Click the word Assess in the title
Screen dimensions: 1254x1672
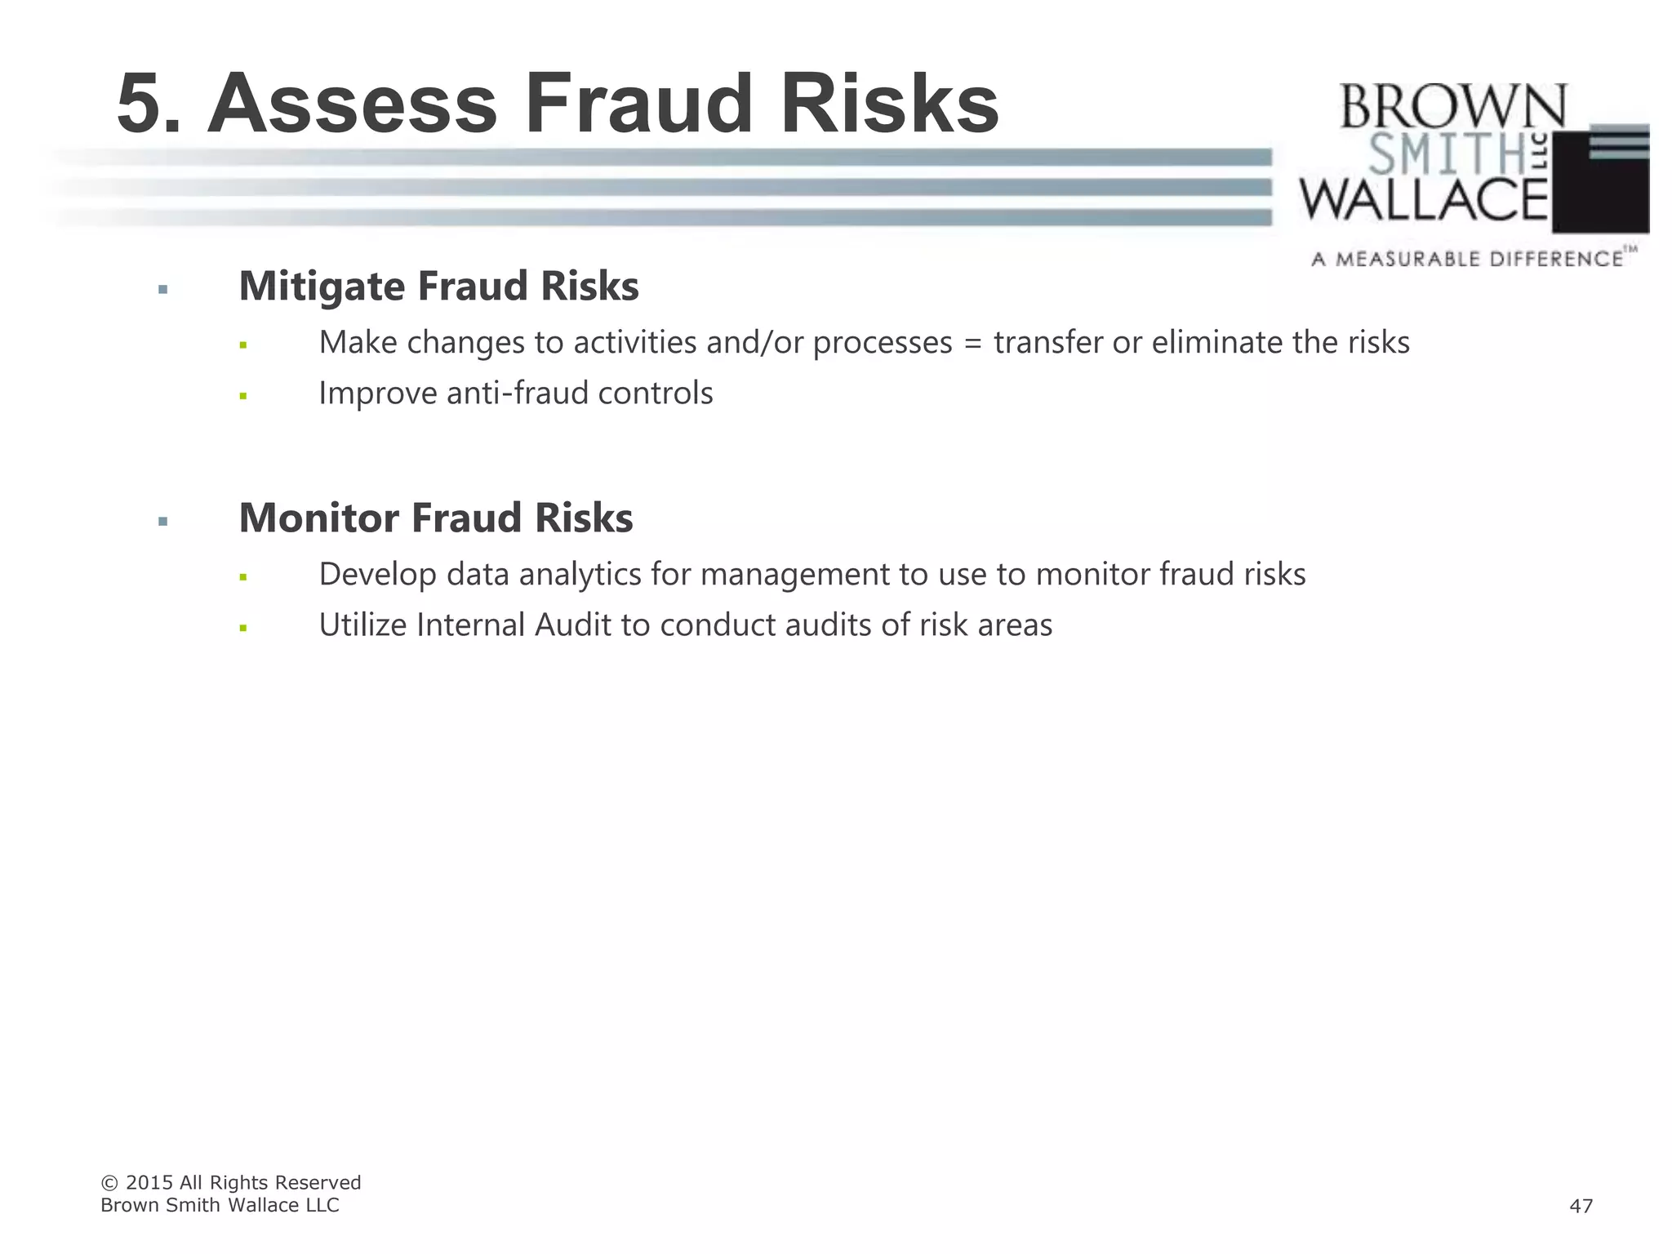click(352, 104)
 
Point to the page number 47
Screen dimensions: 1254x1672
click(1581, 1206)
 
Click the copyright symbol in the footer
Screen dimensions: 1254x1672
click(109, 1183)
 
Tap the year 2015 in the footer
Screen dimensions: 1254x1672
click(149, 1183)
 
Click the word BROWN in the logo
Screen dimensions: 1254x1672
click(1452, 107)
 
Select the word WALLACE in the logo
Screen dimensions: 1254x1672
click(1424, 201)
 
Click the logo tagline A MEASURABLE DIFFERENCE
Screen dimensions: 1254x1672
click(1467, 260)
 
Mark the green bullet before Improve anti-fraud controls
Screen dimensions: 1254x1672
click(243, 396)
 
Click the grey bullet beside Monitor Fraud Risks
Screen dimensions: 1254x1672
click(163, 521)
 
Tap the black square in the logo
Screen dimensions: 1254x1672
click(1600, 196)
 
